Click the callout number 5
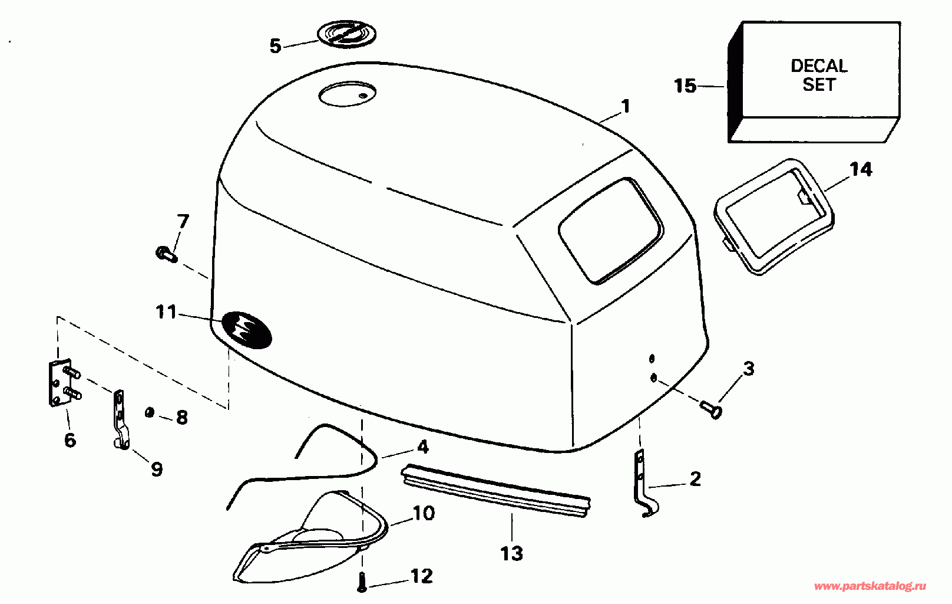(x=275, y=45)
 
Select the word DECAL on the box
(x=819, y=65)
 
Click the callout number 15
(x=685, y=86)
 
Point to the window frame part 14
(x=774, y=216)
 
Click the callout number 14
(x=860, y=169)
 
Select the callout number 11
(x=166, y=311)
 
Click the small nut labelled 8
(x=150, y=412)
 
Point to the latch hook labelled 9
(x=120, y=420)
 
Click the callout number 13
(x=511, y=553)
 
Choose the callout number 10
(x=423, y=513)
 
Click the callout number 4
(x=422, y=447)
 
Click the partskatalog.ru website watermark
(x=870, y=586)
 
